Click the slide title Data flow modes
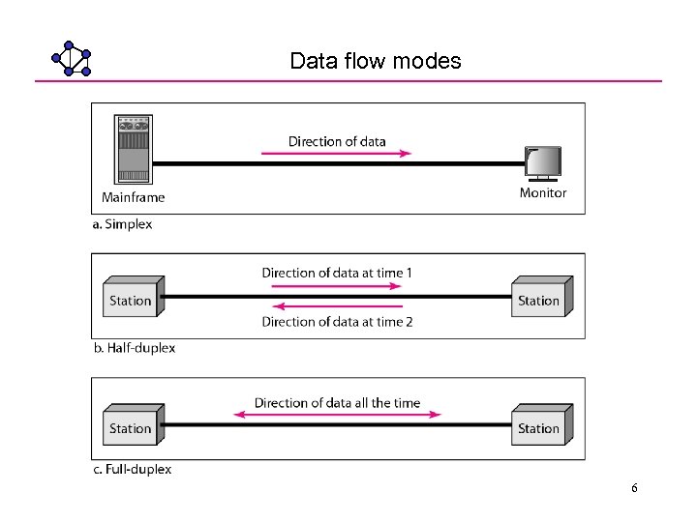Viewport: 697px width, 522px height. click(x=376, y=61)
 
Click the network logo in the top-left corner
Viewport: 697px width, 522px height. click(x=72, y=59)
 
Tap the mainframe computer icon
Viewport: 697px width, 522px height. click(x=134, y=149)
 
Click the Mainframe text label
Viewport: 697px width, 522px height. click(x=134, y=197)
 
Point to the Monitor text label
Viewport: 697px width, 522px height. click(x=543, y=192)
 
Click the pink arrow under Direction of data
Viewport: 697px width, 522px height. click(x=336, y=153)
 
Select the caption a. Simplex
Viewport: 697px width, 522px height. click(x=123, y=224)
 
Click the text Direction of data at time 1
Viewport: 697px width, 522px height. click(x=337, y=273)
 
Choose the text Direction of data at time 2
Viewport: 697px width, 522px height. click(x=337, y=322)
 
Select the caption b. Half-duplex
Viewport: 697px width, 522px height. click(x=135, y=348)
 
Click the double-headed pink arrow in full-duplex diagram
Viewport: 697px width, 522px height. click(x=337, y=416)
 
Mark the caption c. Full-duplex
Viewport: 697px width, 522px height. click(x=133, y=469)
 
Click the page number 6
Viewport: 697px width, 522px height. click(x=634, y=488)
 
